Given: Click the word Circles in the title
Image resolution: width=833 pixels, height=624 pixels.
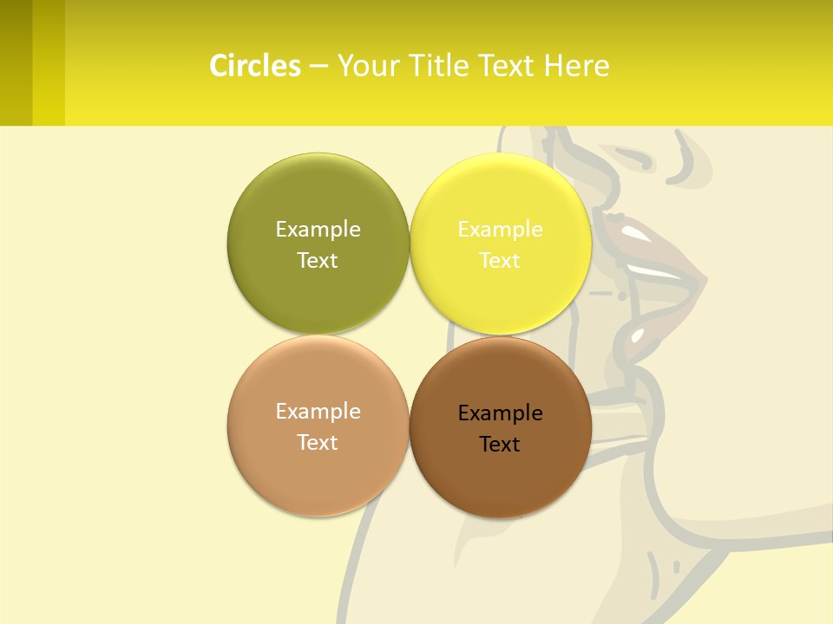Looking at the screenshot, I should [255, 66].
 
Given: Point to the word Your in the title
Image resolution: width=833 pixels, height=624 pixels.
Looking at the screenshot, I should [368, 66].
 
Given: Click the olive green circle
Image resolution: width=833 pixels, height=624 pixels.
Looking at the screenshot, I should [318, 199].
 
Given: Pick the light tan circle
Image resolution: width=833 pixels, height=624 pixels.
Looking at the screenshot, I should [318, 468].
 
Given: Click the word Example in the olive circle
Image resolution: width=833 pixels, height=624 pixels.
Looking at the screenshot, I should [318, 229].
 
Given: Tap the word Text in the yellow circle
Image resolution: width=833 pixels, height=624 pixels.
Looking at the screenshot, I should [500, 260].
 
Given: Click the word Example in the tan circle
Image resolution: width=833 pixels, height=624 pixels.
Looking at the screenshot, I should [318, 411].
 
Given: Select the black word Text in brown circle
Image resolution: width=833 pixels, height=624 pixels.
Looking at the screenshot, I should [500, 444].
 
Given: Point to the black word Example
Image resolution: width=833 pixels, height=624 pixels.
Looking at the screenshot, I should [500, 413].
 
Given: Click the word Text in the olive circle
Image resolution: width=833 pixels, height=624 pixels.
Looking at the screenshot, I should [318, 260].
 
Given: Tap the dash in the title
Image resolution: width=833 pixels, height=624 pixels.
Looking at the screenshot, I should [318, 66].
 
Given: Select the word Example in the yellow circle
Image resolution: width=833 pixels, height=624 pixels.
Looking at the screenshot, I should [500, 229].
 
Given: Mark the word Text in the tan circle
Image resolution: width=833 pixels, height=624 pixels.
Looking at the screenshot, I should [318, 442].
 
